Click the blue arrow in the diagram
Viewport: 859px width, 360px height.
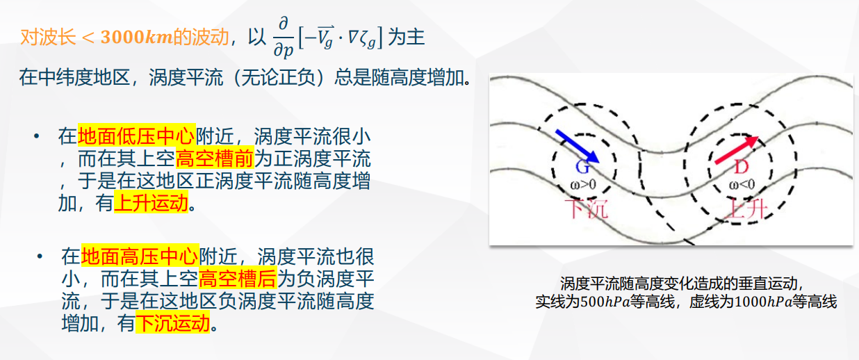click(x=577, y=147)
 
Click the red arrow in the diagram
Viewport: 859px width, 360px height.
click(x=737, y=150)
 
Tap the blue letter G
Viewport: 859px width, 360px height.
click(x=582, y=167)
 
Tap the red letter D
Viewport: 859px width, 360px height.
click(x=742, y=167)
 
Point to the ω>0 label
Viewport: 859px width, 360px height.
click(x=583, y=185)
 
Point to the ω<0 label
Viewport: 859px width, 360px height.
click(x=742, y=185)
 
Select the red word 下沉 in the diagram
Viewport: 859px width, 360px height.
click(x=587, y=209)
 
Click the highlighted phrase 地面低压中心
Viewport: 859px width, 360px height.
click(x=136, y=136)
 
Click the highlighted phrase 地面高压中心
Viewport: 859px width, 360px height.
click(x=140, y=256)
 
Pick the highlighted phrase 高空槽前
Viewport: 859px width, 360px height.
click(x=215, y=158)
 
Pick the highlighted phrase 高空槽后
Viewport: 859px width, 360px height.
click(x=238, y=278)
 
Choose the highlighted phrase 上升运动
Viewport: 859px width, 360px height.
click(x=151, y=202)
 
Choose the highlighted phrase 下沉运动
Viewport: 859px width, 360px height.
click(x=173, y=322)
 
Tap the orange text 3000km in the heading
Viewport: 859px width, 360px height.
click(x=137, y=38)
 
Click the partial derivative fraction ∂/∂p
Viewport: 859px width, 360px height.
click(x=283, y=38)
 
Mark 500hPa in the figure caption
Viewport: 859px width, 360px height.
click(x=605, y=302)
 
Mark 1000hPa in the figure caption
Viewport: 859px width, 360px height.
click(x=764, y=302)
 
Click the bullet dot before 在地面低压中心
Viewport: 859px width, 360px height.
click(x=37, y=136)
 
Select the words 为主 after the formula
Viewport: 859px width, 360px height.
click(x=406, y=38)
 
